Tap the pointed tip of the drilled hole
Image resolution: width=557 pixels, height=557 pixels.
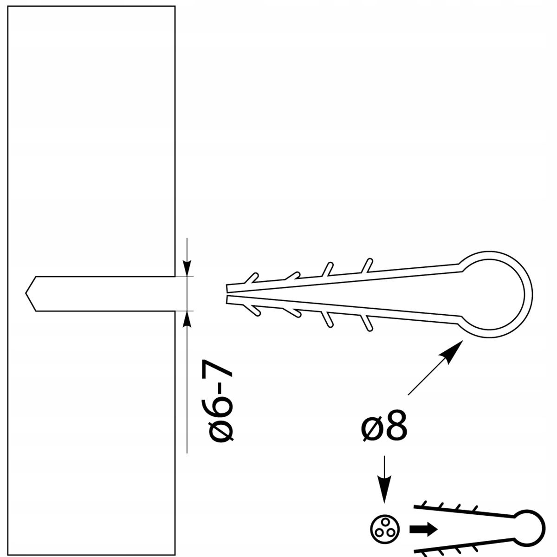pos(26,293)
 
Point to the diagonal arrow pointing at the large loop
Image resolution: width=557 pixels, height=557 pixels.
pos(435,368)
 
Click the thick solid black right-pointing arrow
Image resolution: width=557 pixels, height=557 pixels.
pos(423,530)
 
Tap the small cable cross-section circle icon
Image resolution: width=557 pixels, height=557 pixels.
pos(385,530)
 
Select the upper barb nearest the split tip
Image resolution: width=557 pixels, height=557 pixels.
pos(252,278)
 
